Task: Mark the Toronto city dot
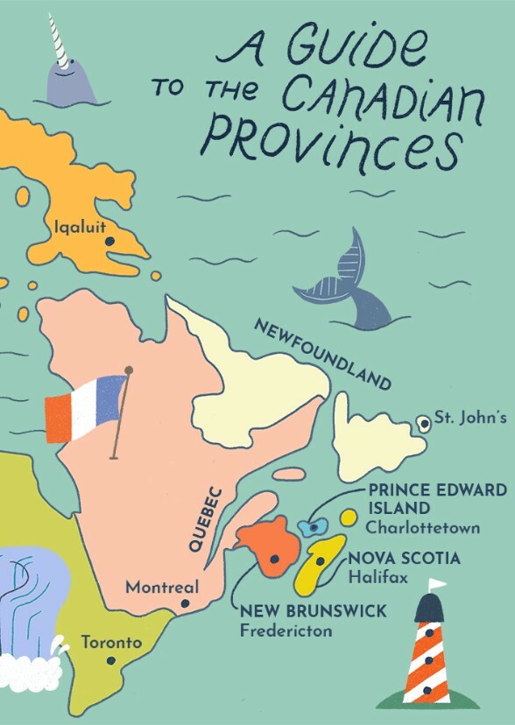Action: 111,660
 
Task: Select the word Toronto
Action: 110,643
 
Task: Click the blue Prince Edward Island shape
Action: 312,527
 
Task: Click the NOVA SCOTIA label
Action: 405,559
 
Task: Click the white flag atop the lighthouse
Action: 436,584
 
